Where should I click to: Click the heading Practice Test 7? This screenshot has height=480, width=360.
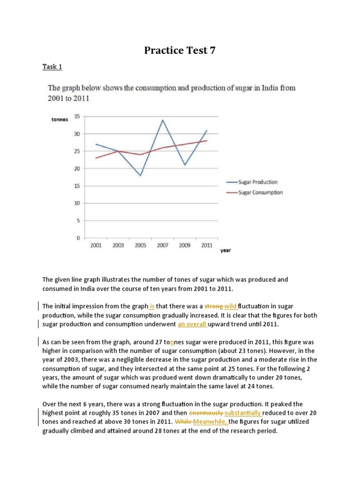180,50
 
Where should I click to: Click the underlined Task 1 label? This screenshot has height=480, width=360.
52,67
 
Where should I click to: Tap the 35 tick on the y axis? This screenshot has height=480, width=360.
76,117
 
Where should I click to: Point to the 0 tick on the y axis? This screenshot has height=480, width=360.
77,238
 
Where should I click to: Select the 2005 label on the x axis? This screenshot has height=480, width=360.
140,246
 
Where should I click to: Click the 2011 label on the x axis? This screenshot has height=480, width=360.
207,246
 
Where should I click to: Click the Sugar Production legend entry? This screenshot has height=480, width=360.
258,182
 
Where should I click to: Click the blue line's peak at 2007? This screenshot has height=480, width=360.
162,120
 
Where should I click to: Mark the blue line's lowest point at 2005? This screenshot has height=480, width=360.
140,175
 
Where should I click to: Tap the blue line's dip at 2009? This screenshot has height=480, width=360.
185,165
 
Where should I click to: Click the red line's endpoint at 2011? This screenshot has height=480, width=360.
207,141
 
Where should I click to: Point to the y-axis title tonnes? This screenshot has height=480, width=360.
60,120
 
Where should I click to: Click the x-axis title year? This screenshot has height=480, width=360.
225,251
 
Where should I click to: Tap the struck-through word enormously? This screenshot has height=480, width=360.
206,413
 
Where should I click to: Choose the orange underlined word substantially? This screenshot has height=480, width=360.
243,413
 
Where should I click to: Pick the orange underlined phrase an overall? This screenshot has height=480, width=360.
192,324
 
